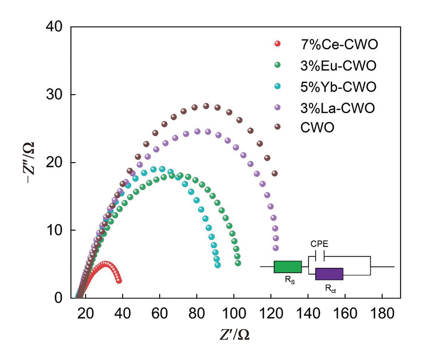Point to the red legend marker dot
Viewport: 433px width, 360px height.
pyautogui.click(x=278, y=45)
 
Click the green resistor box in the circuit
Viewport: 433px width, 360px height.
pyautogui.click(x=288, y=267)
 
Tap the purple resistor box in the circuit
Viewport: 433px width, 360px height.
pyautogui.click(x=329, y=274)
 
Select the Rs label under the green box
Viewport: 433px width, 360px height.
pyautogui.click(x=289, y=281)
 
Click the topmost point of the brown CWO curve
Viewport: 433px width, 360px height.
pyautogui.click(x=206, y=106)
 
